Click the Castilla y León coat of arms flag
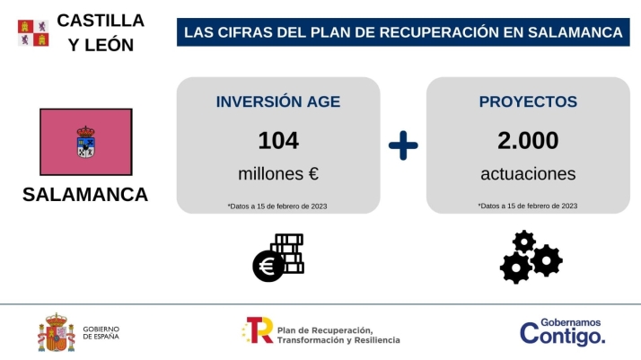point(33,32)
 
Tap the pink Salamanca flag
point(86,142)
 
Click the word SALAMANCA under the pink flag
point(85,195)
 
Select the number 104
point(278,140)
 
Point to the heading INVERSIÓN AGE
point(278,101)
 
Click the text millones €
point(278,173)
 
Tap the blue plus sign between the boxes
point(403,145)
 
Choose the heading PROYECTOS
point(528,101)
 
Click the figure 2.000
point(528,140)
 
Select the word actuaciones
point(528,173)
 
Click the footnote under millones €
point(277,206)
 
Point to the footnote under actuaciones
point(528,206)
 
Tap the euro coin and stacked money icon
point(277,258)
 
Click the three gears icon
point(530,258)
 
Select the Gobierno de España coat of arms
point(57,333)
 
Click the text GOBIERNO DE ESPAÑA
point(101,333)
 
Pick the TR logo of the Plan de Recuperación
point(258,330)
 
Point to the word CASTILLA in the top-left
point(101,20)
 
